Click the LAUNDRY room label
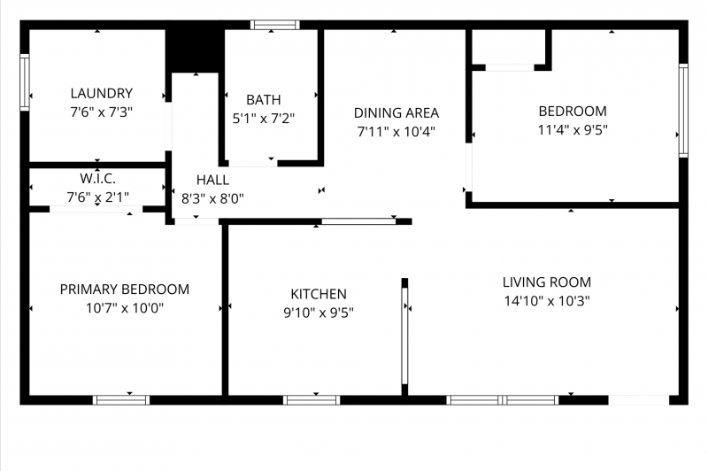[x=102, y=94]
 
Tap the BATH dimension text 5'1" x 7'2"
[x=264, y=119]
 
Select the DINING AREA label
[x=396, y=113]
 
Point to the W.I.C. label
[x=98, y=178]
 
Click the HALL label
[x=212, y=180]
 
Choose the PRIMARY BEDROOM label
[x=125, y=290]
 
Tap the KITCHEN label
[x=319, y=294]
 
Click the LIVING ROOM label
[x=547, y=282]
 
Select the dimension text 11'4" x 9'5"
[x=573, y=130]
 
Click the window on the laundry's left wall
[x=25, y=82]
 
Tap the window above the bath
[x=275, y=25]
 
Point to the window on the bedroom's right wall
[x=683, y=111]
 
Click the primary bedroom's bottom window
[x=121, y=400]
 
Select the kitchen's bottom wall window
[x=312, y=400]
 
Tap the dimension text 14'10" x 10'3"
[x=547, y=301]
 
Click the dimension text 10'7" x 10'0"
[x=125, y=308]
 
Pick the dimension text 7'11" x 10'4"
[x=396, y=132]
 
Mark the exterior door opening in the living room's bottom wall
[x=638, y=400]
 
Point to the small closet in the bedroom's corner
[x=510, y=47]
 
